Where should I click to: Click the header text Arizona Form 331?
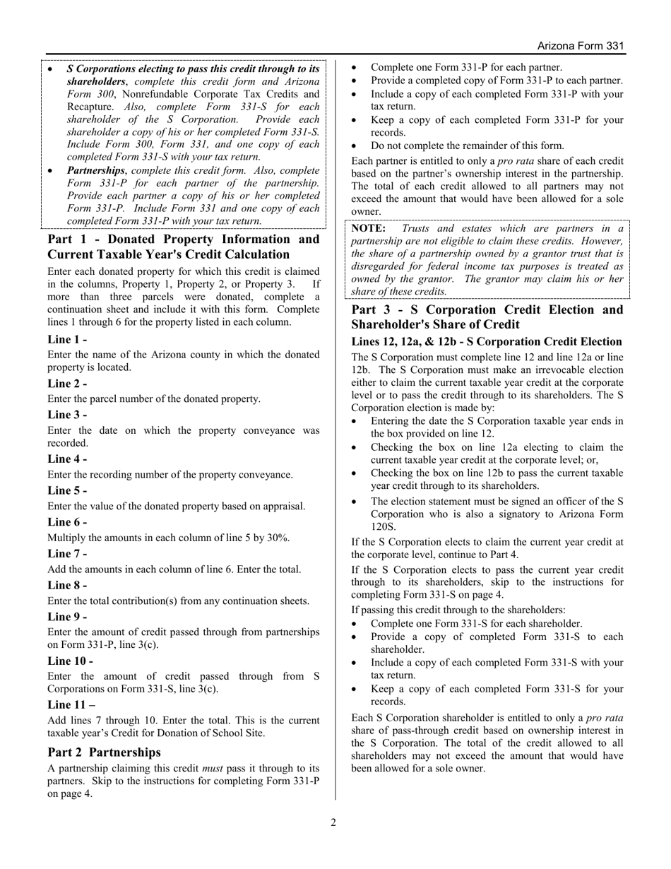[581, 46]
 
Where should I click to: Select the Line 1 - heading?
[67, 340]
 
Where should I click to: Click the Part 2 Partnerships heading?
[104, 752]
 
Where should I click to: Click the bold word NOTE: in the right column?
[369, 228]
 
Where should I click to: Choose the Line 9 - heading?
[67, 616]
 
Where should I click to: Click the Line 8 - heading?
[67, 585]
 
